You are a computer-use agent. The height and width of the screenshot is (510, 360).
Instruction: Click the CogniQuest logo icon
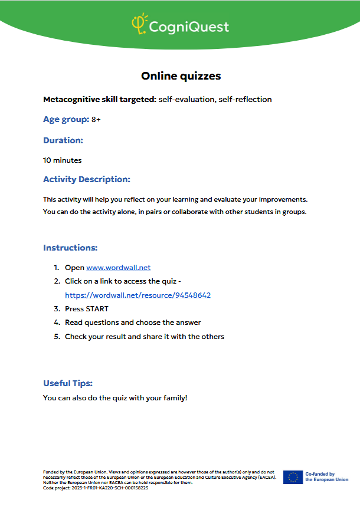139,25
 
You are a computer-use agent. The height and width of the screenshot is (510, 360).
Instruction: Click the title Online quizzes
181,75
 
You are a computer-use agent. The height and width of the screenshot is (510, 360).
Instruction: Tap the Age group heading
66,119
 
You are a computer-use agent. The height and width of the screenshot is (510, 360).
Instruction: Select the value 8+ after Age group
96,120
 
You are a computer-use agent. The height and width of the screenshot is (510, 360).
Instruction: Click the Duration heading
63,140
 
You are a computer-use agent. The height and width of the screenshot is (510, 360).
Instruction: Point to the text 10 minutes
63,160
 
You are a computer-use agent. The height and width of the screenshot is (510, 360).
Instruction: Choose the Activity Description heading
87,179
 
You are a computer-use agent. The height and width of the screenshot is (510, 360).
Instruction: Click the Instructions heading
70,248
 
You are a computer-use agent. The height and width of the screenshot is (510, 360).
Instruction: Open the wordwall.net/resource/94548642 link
138,295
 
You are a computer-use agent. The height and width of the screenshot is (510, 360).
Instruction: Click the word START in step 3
97,309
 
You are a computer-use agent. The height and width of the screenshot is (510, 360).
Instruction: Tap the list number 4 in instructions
57,323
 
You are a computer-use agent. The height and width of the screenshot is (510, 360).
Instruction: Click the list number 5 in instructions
57,337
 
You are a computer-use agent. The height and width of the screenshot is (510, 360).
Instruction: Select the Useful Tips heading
68,383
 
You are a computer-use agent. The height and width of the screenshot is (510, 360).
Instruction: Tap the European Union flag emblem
293,477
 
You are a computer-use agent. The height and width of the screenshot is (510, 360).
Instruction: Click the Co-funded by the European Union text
326,477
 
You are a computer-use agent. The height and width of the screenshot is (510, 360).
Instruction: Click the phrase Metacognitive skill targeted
100,99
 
